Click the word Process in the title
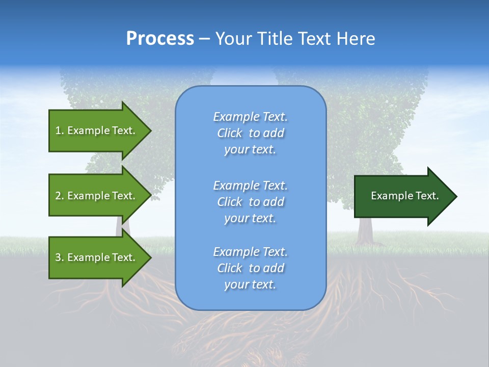[160, 39]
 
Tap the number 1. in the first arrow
[60, 130]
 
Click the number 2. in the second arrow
[60, 196]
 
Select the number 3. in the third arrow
[60, 257]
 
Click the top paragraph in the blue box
[250, 133]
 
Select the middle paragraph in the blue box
[250, 202]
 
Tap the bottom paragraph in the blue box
[250, 268]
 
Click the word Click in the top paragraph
[230, 133]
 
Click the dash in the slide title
[204, 39]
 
